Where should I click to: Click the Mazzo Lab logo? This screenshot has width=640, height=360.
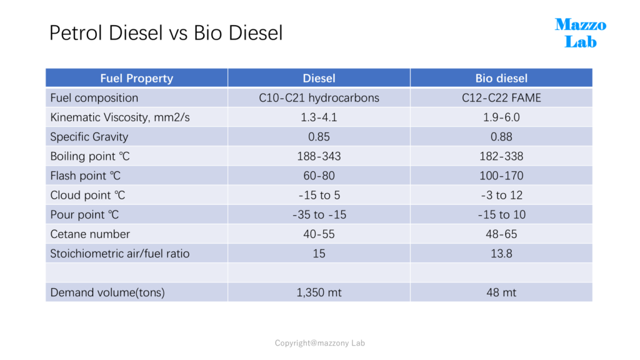tap(581, 33)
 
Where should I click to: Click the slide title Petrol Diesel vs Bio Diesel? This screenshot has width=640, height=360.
tap(166, 32)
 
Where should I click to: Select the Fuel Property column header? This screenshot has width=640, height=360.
tap(137, 78)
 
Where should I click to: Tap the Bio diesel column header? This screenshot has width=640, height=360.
tap(501, 78)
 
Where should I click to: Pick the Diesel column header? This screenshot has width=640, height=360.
tap(319, 78)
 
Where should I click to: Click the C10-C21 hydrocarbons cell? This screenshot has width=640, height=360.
tap(319, 98)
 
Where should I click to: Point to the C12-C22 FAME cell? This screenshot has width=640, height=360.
tap(501, 98)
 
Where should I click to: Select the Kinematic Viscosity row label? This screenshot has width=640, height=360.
tap(120, 117)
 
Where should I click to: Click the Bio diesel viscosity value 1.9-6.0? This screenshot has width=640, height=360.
tap(501, 117)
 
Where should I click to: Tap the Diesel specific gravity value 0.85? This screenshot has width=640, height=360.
tap(319, 137)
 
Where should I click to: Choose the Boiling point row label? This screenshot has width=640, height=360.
tap(90, 156)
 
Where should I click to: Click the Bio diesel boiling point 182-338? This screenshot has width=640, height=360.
tap(501, 156)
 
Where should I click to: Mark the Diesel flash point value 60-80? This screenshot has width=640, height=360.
tap(319, 176)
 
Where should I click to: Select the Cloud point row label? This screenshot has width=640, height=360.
tap(87, 196)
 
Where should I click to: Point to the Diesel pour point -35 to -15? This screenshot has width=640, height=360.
tap(319, 215)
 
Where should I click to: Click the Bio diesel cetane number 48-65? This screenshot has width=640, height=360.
tap(501, 234)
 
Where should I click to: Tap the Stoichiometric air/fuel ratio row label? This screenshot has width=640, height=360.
tap(120, 254)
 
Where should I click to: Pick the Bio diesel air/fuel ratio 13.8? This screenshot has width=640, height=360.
tap(501, 254)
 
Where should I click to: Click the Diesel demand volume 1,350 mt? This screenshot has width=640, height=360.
tap(319, 292)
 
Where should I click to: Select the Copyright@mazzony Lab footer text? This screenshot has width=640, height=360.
tap(319, 343)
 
